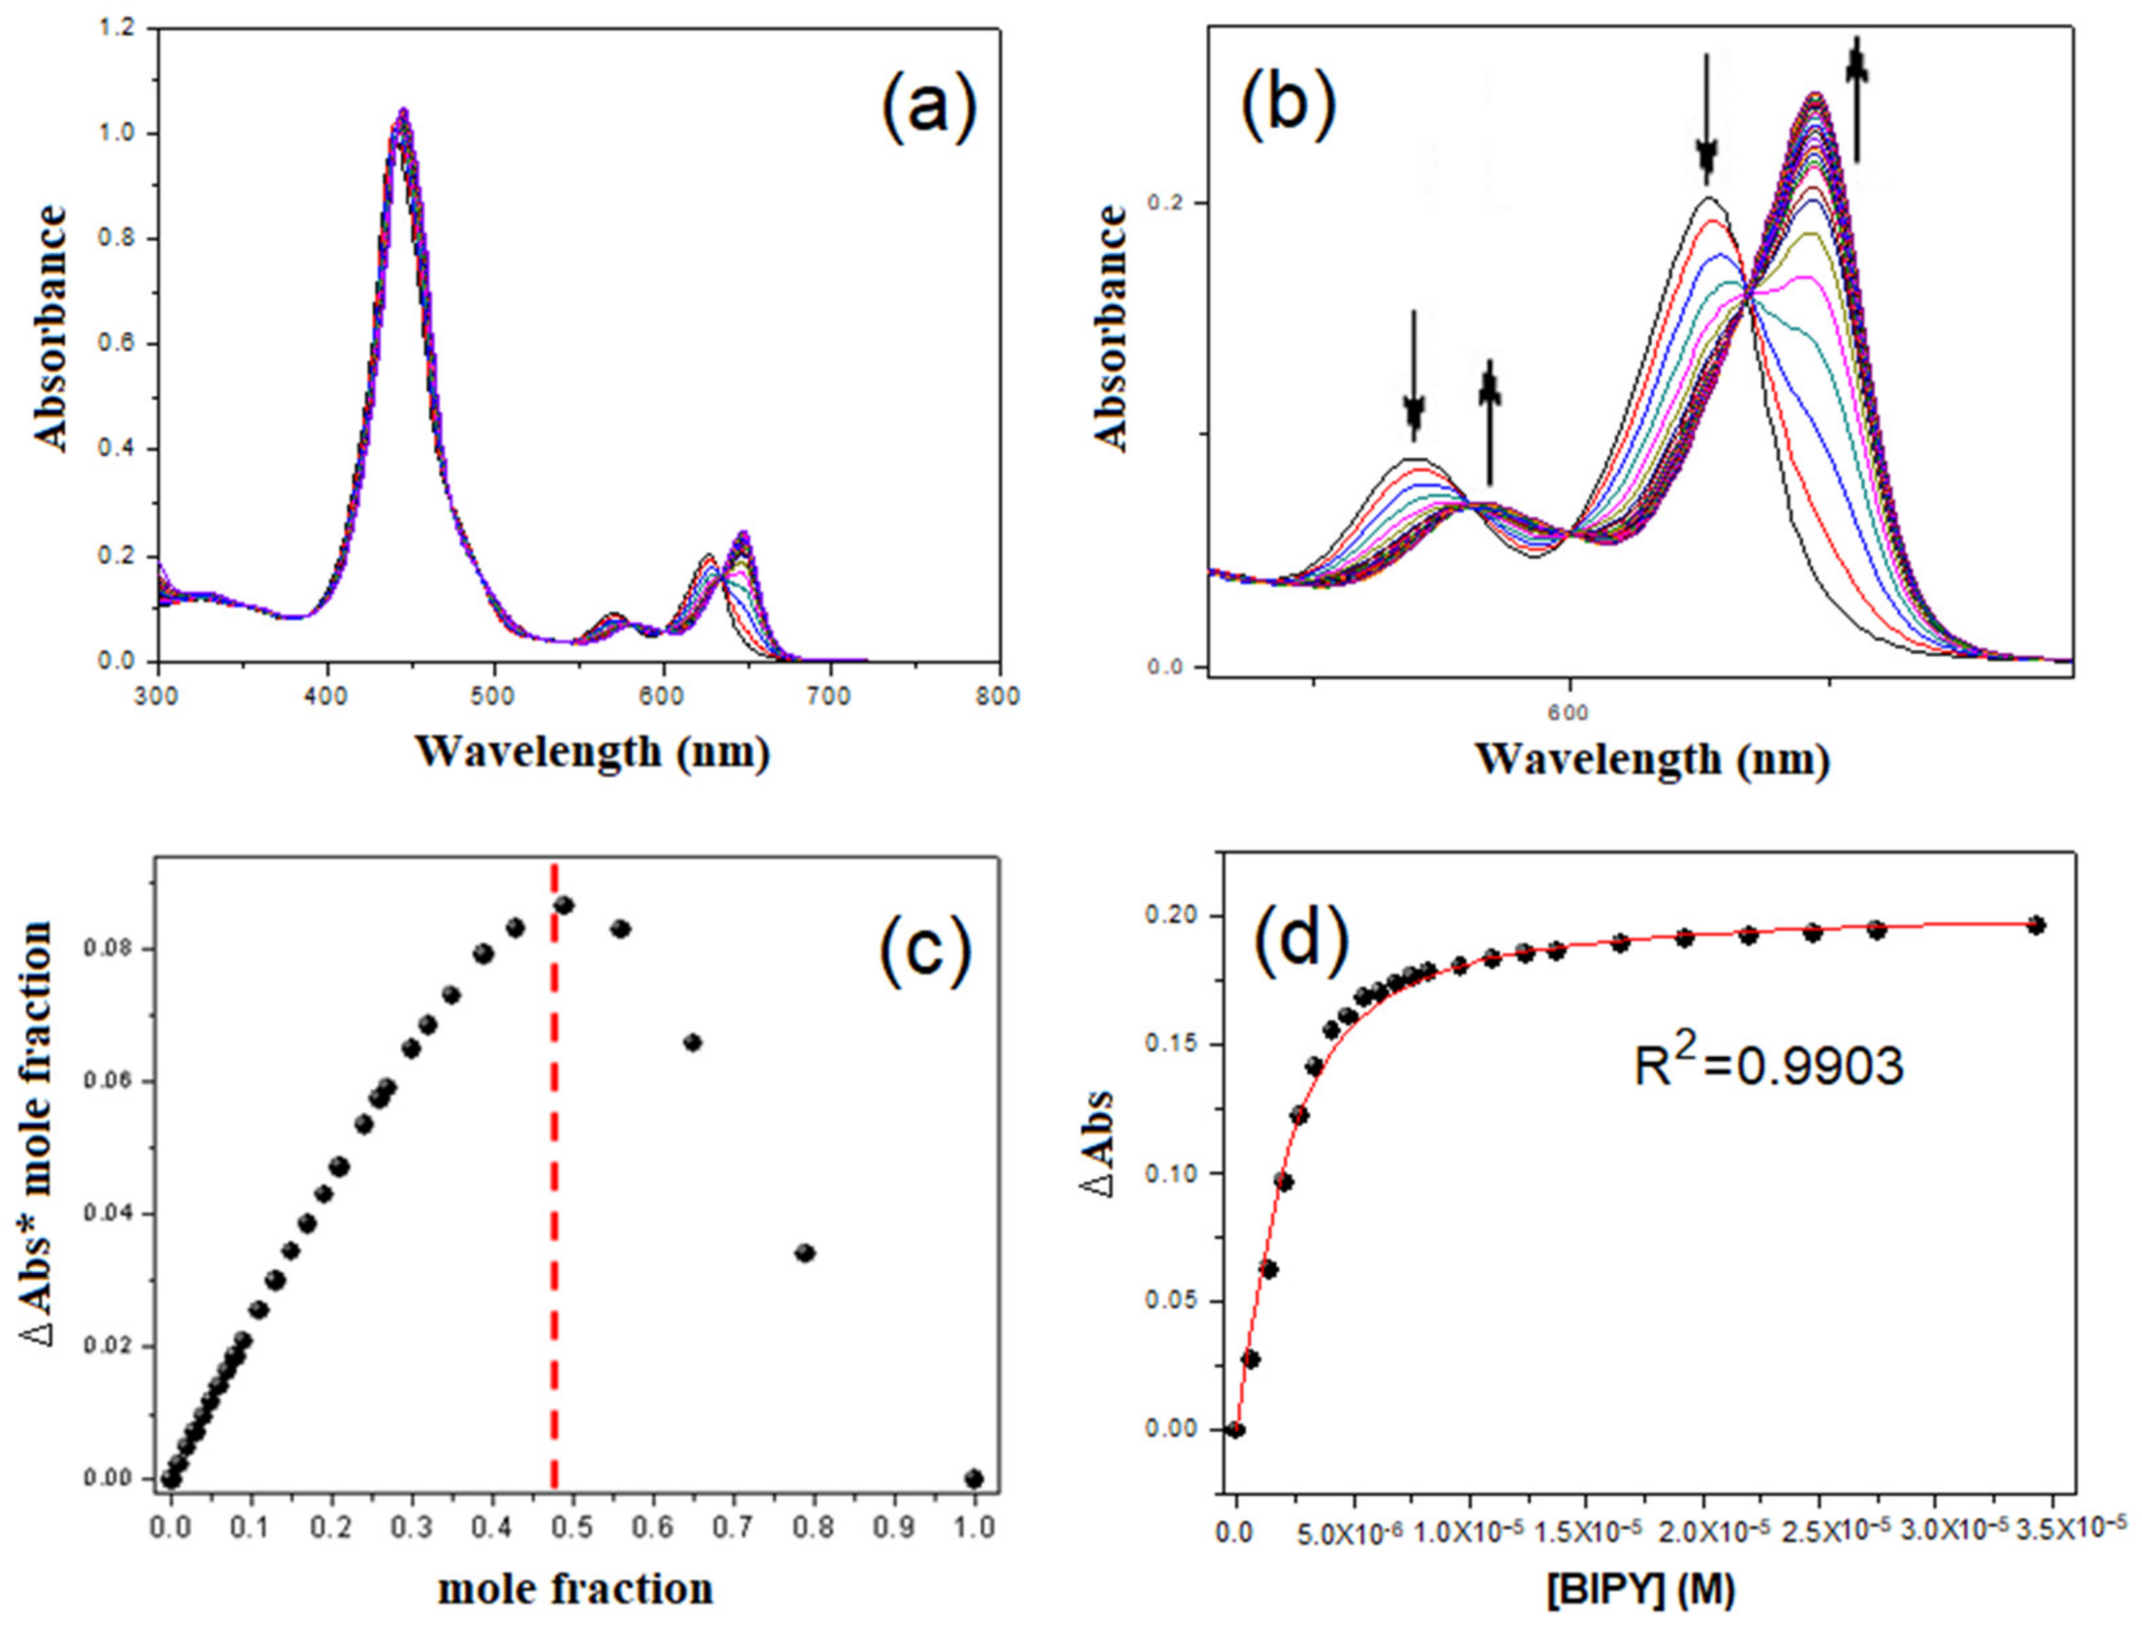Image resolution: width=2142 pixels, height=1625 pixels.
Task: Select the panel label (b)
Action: tap(1288, 104)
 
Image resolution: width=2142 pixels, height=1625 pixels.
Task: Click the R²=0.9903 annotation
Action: tap(1769, 1066)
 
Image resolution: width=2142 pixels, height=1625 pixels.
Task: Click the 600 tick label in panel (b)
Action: tap(1568, 713)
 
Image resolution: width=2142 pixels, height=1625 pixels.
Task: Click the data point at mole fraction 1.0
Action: tap(974, 1479)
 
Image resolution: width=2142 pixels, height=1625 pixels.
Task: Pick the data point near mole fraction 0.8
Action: tap(805, 1253)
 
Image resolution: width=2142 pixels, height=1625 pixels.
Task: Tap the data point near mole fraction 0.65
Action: tap(692, 1042)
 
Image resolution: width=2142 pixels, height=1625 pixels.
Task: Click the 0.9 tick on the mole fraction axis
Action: tap(895, 1528)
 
